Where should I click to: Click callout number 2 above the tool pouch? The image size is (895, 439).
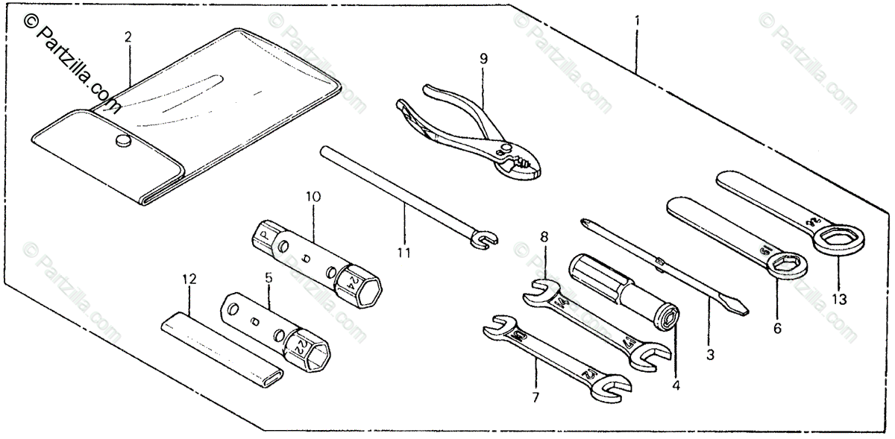(x=128, y=36)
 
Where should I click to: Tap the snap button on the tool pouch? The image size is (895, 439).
(x=122, y=141)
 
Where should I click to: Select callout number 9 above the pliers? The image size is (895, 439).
(x=483, y=57)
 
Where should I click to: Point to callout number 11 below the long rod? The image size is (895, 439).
(x=403, y=253)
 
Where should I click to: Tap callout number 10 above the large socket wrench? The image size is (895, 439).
(x=313, y=198)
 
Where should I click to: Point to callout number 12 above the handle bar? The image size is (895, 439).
(x=189, y=279)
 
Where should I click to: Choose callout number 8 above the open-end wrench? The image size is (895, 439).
(x=544, y=238)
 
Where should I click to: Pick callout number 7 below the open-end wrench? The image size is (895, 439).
(x=535, y=397)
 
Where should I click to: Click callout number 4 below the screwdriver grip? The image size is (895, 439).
(x=676, y=386)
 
